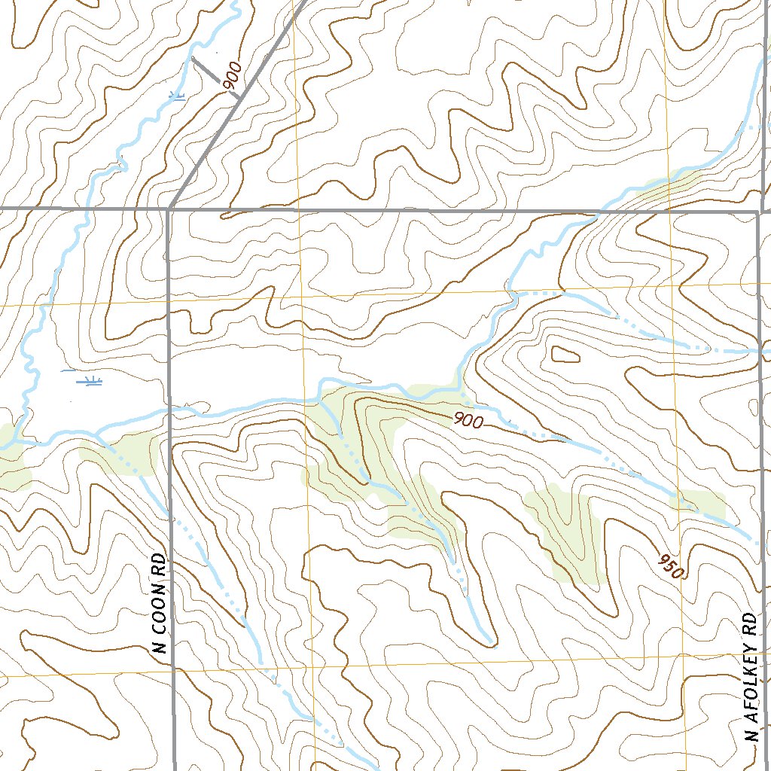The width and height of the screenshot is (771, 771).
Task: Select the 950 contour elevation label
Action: (669, 565)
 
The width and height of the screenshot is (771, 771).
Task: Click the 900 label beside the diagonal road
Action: (233, 78)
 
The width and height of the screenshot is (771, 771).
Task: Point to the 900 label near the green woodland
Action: (468, 422)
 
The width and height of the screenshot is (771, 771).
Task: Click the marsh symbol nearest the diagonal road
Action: (178, 96)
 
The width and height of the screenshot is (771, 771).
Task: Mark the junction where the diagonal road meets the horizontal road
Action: (172, 207)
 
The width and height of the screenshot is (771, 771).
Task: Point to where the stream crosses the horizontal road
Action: (599, 212)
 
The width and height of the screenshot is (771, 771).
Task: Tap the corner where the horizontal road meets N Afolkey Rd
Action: (757, 212)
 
